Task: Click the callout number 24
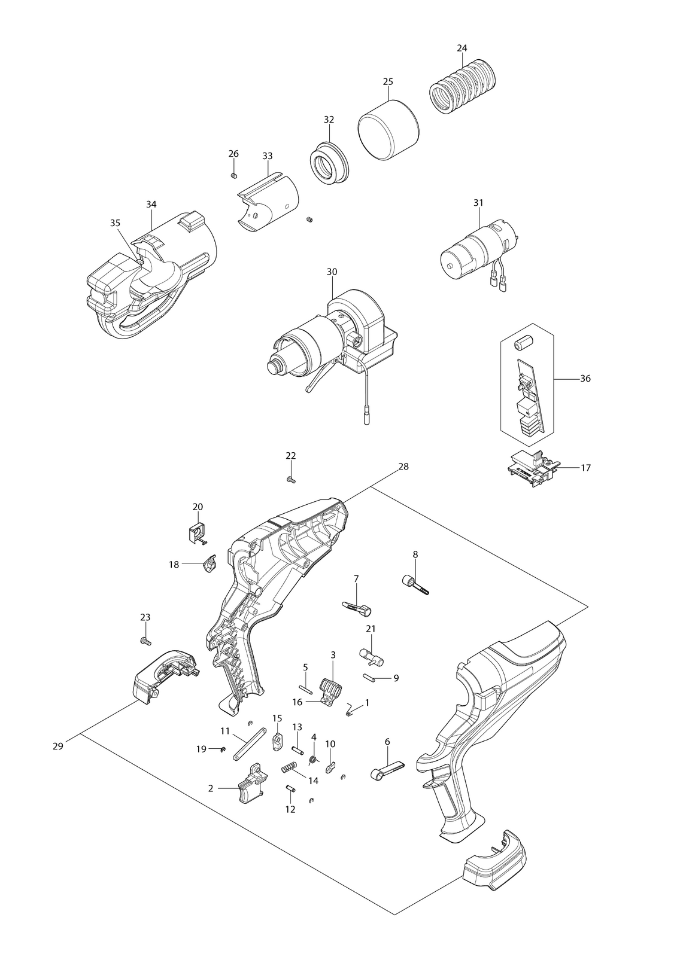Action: coord(462,48)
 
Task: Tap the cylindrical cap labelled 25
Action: coord(388,129)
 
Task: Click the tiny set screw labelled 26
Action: coord(233,175)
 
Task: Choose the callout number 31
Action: coord(478,203)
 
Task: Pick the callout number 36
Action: coord(585,379)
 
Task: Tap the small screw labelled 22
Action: coord(291,480)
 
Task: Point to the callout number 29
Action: coord(57,746)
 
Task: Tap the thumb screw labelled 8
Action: coord(415,584)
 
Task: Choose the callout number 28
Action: coord(403,467)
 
